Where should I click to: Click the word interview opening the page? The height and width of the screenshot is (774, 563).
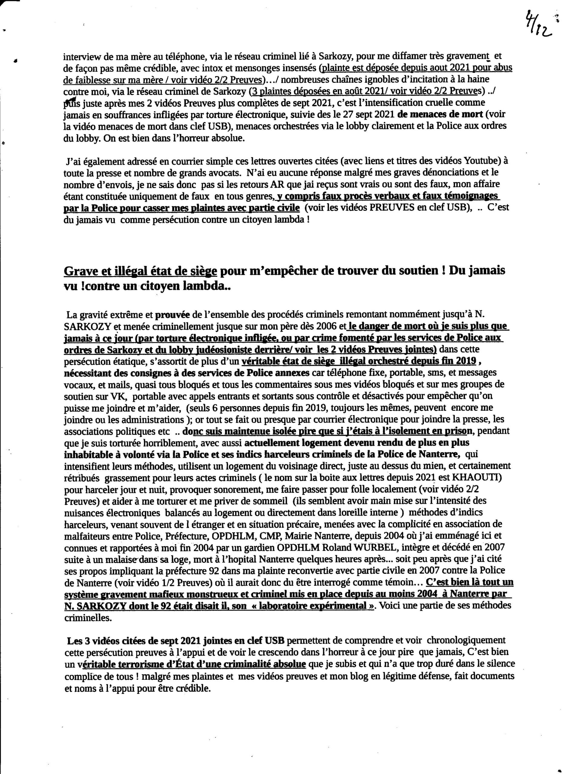click(80, 56)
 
